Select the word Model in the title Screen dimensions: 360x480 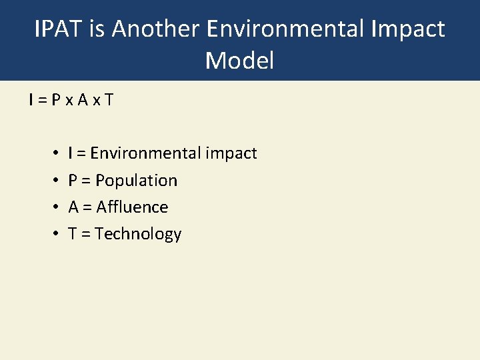(240, 61)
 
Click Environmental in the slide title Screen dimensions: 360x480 (285, 29)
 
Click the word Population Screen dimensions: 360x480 (137, 181)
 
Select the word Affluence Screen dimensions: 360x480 (132, 207)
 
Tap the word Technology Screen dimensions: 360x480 (138, 234)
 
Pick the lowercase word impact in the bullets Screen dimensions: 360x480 (231, 154)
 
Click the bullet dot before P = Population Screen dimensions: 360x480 (53, 181)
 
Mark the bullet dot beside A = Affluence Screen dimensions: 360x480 (53, 207)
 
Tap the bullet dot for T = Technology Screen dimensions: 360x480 (53, 234)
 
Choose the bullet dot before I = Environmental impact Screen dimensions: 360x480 (53, 154)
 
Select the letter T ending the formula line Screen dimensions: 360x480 (109, 100)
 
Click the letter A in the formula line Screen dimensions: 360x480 (81, 100)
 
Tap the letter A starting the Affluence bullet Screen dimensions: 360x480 (73, 207)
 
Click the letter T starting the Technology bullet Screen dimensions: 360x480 (72, 234)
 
